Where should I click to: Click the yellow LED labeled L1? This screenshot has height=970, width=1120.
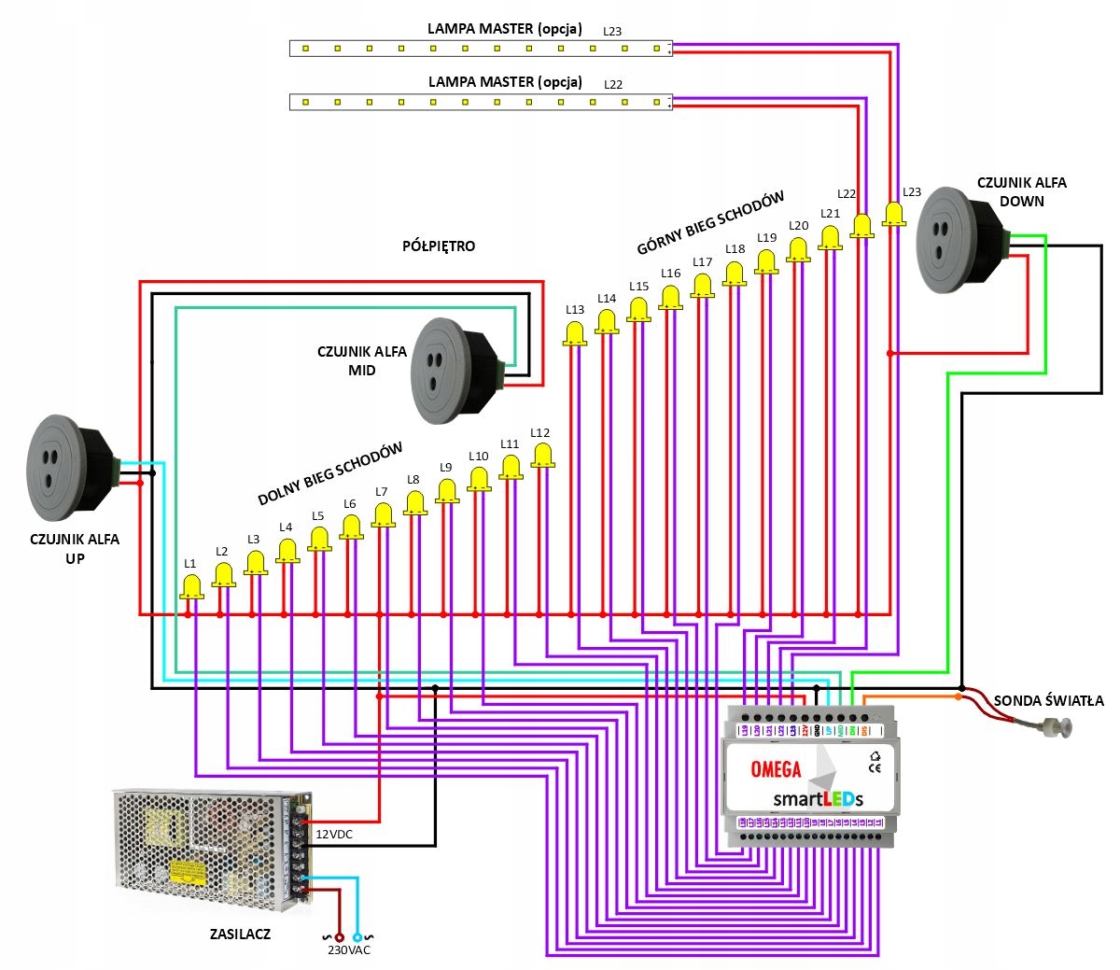pos(191,587)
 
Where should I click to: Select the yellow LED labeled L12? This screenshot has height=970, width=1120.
pos(541,456)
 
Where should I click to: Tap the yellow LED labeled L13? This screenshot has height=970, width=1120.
pos(575,333)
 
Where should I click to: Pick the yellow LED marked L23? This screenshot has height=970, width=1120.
pos(894,213)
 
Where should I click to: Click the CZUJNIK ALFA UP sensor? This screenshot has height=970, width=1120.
pos(70,468)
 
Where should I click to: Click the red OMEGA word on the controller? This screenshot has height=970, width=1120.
pos(776,769)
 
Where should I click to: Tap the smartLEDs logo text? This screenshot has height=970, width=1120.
pos(818,798)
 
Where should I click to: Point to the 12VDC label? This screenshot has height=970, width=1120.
pos(334,834)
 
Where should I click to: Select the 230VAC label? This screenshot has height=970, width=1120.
pos(348,950)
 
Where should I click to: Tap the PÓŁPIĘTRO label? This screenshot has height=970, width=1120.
pos(439,246)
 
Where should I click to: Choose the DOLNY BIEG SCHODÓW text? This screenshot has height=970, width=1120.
pos(330,473)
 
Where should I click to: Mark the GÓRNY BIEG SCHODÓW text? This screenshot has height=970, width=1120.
pos(710,224)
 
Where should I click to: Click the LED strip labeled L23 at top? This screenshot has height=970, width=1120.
pos(481,48)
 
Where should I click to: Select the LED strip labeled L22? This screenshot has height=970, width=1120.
pos(481,101)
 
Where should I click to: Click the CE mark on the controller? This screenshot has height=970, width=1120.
pos(875,768)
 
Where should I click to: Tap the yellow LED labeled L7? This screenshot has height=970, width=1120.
pos(383,515)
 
